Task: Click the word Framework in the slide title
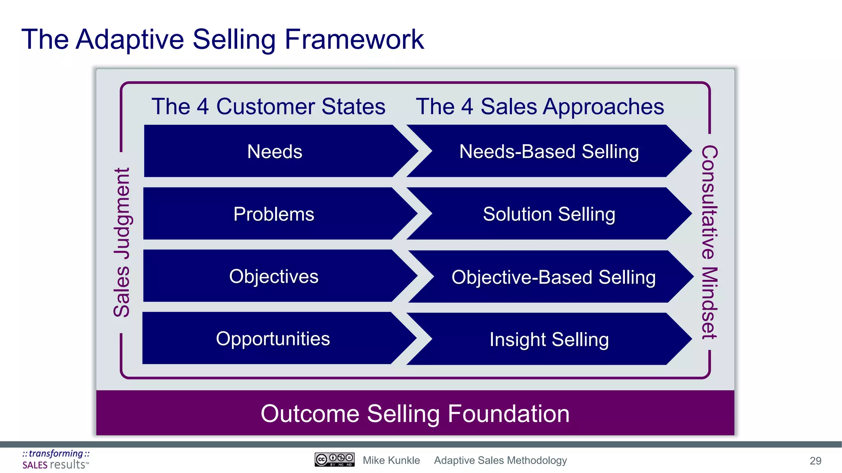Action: [x=354, y=40]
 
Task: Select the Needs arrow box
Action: [x=275, y=152]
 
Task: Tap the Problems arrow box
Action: [x=274, y=214]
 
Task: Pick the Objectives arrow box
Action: [x=274, y=276]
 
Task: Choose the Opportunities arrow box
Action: [x=273, y=339]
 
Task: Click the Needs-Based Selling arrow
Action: [x=549, y=152]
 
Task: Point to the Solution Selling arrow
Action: [x=549, y=214]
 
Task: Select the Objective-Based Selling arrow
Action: [x=553, y=277]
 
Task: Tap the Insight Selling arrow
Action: [x=549, y=340]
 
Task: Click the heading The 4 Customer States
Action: [x=268, y=106]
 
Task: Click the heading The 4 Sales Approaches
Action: [x=540, y=106]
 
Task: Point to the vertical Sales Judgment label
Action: [x=122, y=242]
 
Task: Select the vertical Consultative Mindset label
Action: [x=709, y=242]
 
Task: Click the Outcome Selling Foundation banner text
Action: [x=415, y=413]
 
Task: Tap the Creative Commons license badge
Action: [x=334, y=459]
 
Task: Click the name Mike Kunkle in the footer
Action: [x=391, y=460]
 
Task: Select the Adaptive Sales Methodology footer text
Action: [x=500, y=460]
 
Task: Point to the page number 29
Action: [x=815, y=461]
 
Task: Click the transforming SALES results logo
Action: [x=56, y=459]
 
